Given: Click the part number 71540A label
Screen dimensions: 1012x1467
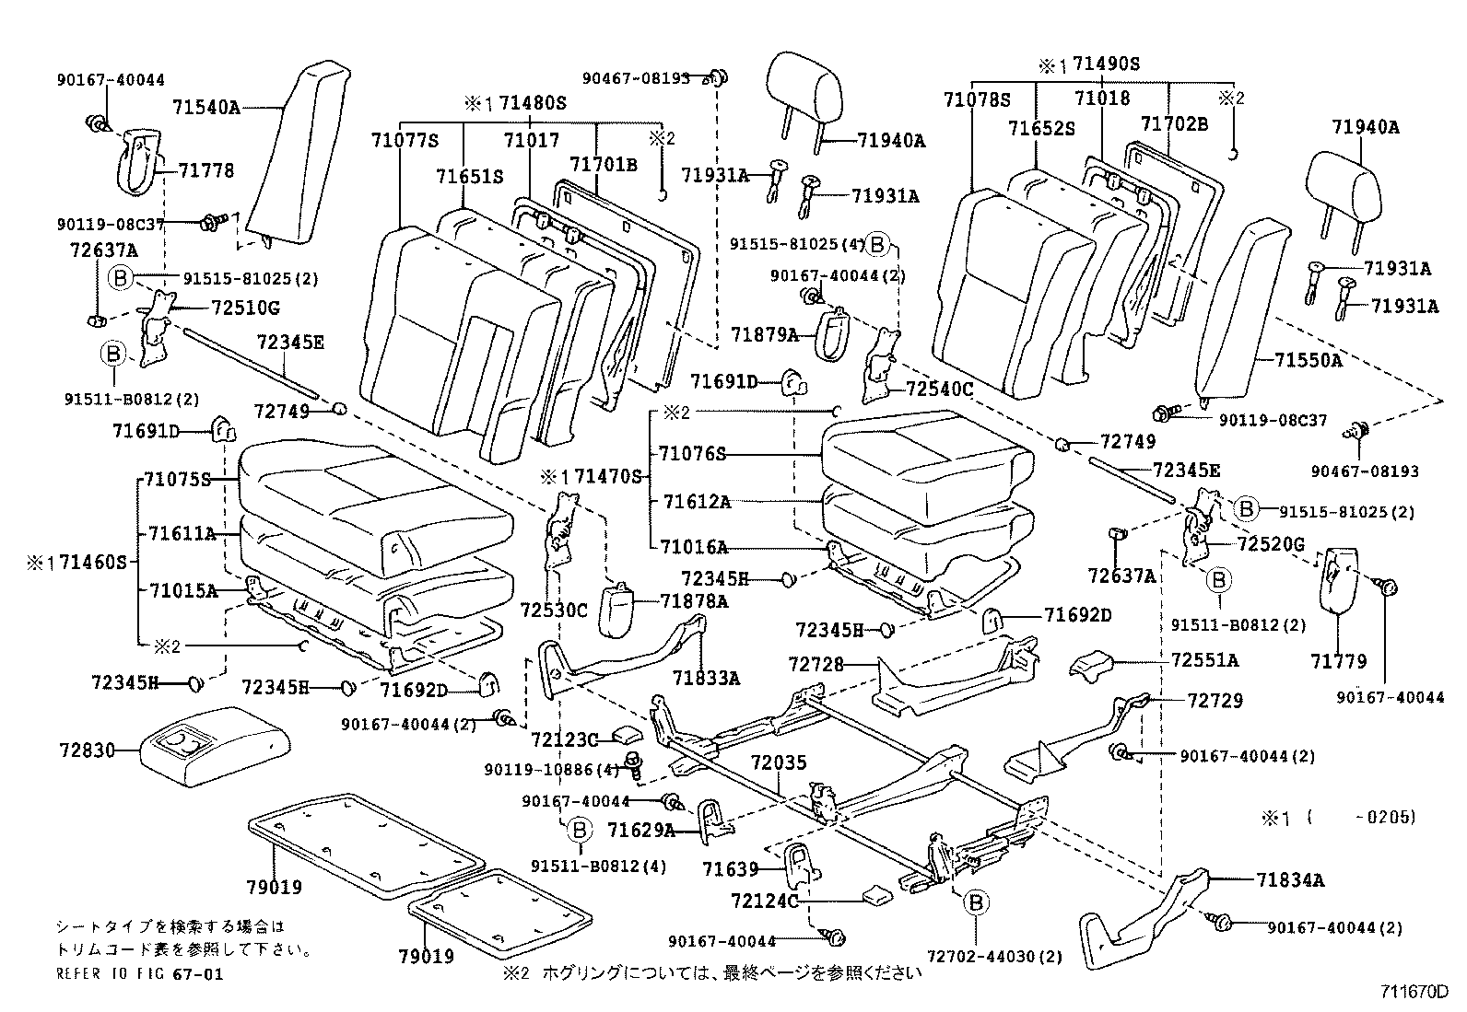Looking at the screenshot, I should [205, 108].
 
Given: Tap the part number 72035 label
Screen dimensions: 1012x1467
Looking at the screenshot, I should [778, 762].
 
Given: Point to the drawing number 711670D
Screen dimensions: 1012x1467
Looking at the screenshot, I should [1414, 992].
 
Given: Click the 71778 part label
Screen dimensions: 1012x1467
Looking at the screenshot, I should [206, 170].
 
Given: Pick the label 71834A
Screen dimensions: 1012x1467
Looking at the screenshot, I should [1290, 880].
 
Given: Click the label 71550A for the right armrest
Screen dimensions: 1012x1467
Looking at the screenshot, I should [1309, 360].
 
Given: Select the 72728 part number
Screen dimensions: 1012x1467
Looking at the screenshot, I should [816, 663].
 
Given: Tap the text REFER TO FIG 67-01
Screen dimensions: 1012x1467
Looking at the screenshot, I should [139, 973].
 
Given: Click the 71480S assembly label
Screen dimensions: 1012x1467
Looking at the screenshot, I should [533, 103].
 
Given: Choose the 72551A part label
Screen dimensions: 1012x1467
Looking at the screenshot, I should [1205, 660].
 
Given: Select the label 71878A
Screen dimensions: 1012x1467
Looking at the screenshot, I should [694, 601].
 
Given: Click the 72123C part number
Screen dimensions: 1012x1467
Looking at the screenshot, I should [565, 739].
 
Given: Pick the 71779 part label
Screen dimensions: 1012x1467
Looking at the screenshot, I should [1338, 661].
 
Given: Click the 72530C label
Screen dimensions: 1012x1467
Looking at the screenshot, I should [553, 610].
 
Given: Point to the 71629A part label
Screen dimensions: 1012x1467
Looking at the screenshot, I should [641, 831].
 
